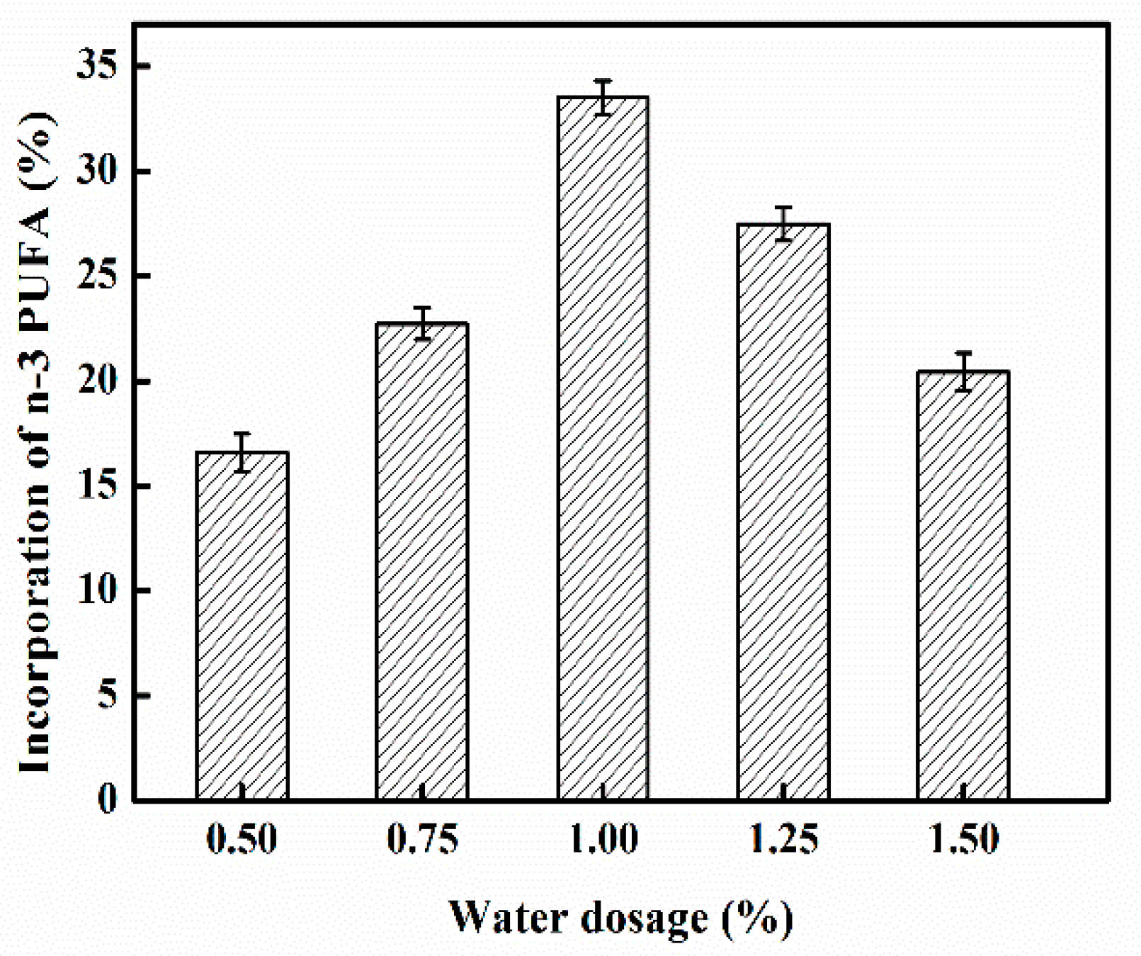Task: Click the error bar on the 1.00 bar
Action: coord(603,97)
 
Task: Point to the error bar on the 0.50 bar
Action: coord(242,452)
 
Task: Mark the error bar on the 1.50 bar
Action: coord(963,371)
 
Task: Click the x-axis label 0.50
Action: coord(242,839)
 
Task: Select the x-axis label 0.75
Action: coord(422,839)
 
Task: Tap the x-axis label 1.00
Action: coord(603,839)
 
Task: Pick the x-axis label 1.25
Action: coord(783,839)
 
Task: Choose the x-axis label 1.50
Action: coord(963,839)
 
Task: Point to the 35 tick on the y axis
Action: coord(97,66)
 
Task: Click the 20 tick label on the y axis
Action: coord(97,381)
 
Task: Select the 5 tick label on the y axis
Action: coord(107,695)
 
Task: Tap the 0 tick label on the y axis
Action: coord(107,799)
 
